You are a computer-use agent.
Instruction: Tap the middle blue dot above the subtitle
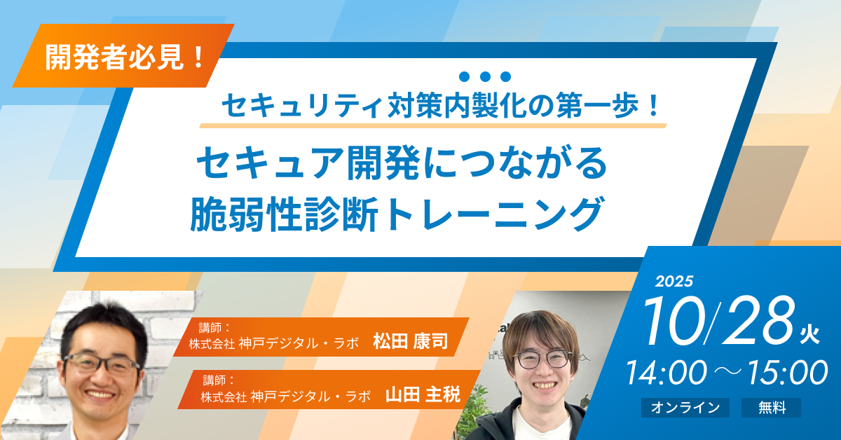click(485, 76)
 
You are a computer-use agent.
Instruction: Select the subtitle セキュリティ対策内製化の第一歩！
click(440, 105)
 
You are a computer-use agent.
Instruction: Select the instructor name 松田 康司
click(411, 341)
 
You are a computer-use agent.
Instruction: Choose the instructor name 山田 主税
click(423, 394)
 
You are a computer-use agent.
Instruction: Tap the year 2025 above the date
click(674, 281)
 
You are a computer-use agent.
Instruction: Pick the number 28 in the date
click(758, 320)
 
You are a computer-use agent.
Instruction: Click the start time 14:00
click(666, 373)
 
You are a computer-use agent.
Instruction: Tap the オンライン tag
click(685, 408)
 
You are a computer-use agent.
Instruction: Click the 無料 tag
click(771, 408)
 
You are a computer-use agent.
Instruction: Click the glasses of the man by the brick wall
click(101, 364)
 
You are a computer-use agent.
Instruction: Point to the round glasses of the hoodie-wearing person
click(543, 359)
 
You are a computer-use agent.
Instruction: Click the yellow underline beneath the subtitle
click(433, 126)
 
